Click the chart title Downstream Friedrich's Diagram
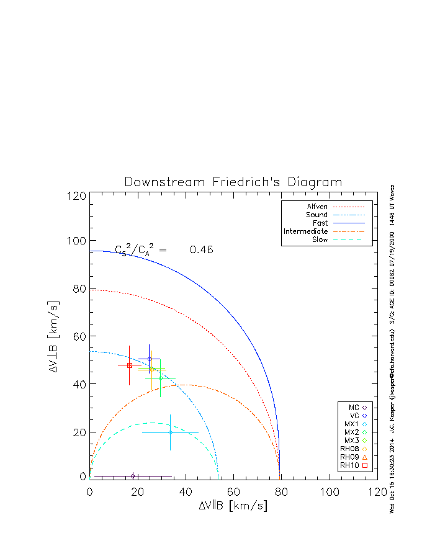pyautogui.click(x=233, y=182)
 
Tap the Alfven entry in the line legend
pyautogui.click(x=318, y=207)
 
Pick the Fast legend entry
pyautogui.click(x=321, y=223)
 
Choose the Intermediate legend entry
pyautogui.click(x=306, y=231)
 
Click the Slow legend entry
pyautogui.click(x=320, y=239)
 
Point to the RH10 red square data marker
pyautogui.click(x=129, y=365)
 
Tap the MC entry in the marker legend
pyautogui.click(x=354, y=407)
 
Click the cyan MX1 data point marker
pyautogui.click(x=170, y=432)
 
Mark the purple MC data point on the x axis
pyautogui.click(x=133, y=476)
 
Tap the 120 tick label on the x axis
pyautogui.click(x=377, y=492)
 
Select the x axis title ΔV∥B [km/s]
pyautogui.click(x=233, y=506)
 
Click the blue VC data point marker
pyautogui.click(x=149, y=359)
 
